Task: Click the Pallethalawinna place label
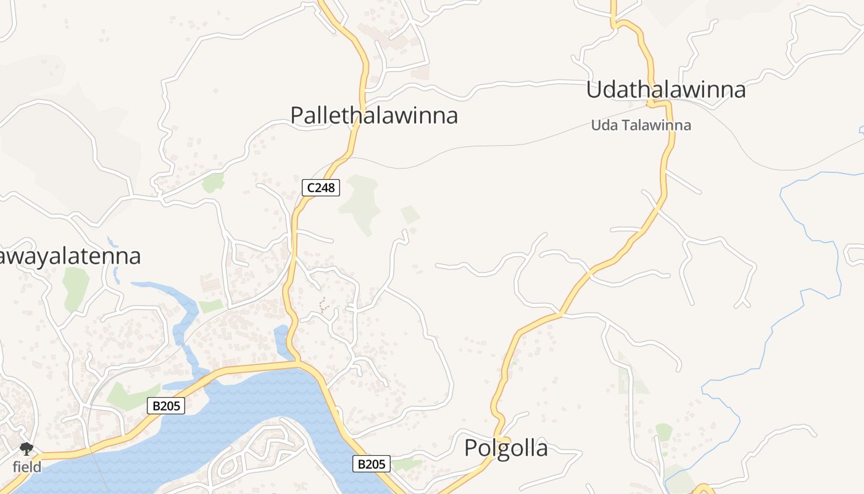[374, 115]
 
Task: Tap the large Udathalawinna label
[665, 90]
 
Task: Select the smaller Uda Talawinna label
[641, 125]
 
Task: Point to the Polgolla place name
[505, 448]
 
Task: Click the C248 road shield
[321, 188]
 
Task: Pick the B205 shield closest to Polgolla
[372, 464]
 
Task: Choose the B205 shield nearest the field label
[166, 406]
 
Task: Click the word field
[27, 467]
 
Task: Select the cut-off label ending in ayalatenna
[70, 256]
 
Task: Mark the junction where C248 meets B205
[298, 362]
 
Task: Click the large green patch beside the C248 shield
[360, 202]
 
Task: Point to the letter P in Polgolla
[471, 448]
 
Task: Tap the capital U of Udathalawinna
[594, 90]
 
